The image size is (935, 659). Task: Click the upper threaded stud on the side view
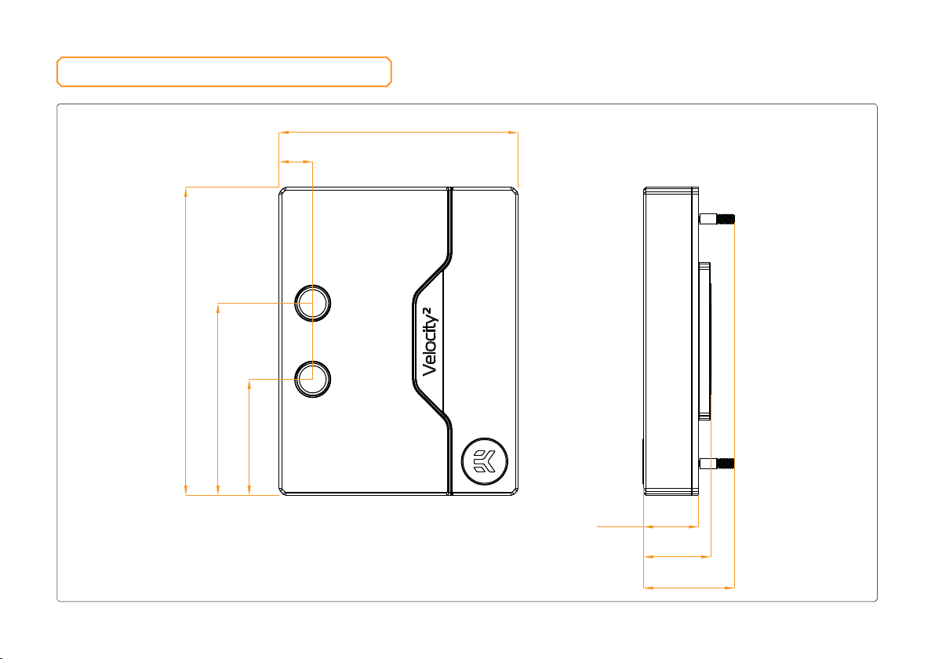pos(717,219)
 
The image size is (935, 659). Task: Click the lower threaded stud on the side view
pos(717,464)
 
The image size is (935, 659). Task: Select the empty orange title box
pos(224,58)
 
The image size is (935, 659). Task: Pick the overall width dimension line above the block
pos(398,133)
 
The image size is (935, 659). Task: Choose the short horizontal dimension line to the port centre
pos(297,161)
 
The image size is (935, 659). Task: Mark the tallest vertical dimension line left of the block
pos(186,341)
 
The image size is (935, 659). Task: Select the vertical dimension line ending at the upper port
pos(217,399)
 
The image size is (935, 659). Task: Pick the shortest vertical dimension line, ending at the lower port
pos(249,437)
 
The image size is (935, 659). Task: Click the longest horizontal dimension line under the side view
pos(689,588)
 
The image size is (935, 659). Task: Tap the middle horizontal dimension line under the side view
pos(678,556)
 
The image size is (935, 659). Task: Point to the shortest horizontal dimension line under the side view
pos(671,526)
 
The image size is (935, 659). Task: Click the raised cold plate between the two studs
pos(705,341)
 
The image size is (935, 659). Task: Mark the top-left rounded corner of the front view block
pos(282,190)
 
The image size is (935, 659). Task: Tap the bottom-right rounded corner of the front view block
pos(515,492)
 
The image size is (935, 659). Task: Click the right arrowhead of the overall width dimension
pos(513,133)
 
